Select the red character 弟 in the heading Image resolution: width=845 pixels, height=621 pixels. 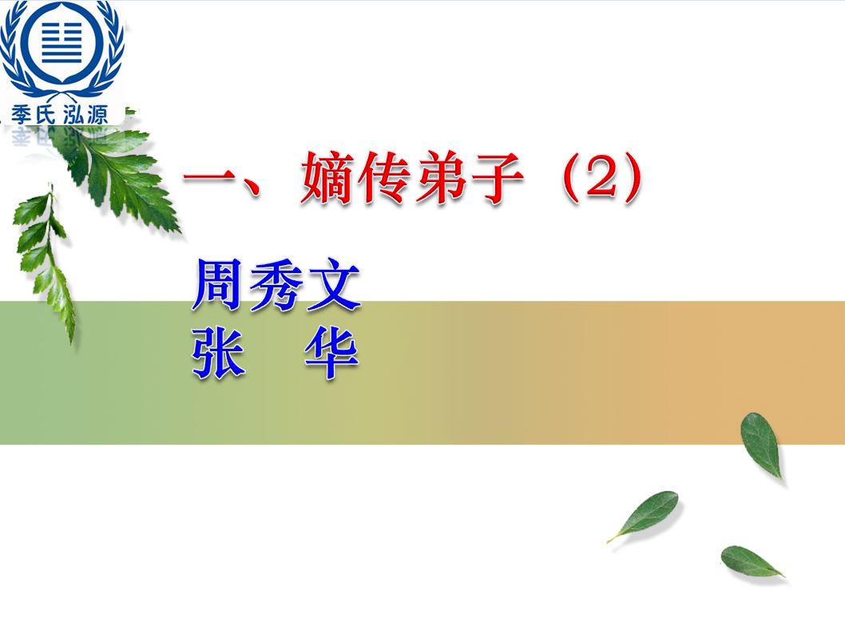[440, 178]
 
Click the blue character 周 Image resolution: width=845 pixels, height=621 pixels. [218, 285]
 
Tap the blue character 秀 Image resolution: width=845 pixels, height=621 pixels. [276, 286]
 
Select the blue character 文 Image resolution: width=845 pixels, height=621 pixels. [333, 286]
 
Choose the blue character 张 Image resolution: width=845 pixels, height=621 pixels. [218, 353]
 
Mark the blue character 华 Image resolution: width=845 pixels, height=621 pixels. [332, 353]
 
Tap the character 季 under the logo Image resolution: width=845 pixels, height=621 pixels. [22, 113]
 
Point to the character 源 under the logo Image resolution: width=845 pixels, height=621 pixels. [97, 113]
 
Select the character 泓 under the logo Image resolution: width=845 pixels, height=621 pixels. [73, 113]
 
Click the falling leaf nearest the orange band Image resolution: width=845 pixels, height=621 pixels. [761, 445]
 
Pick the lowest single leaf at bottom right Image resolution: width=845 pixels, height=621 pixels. [751, 562]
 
